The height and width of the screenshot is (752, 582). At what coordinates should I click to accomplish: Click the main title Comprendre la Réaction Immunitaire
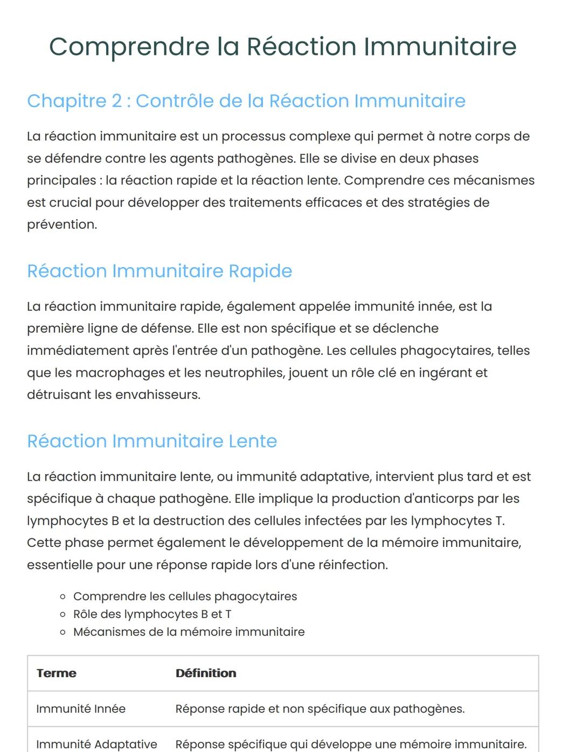282,46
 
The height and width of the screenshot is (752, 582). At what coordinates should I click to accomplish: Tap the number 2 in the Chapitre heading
116,101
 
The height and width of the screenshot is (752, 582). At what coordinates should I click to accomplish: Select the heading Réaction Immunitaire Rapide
160,271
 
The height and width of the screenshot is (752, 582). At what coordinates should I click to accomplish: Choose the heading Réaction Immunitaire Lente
152,441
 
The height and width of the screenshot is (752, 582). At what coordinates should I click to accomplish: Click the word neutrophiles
244,373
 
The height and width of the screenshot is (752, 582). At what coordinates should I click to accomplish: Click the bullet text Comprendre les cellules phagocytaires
185,596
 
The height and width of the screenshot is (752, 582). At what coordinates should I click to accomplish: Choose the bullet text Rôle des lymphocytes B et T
152,614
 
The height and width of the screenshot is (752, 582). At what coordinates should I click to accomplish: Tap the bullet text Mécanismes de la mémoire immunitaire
189,632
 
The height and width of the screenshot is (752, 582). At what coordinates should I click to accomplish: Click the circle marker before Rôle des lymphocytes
63,614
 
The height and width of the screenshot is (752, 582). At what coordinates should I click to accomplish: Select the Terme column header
57,673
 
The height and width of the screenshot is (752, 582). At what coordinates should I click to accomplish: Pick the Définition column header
206,673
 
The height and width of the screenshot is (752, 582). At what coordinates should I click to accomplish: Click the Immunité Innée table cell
81,709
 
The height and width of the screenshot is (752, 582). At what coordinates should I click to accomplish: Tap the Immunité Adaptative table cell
96,744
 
